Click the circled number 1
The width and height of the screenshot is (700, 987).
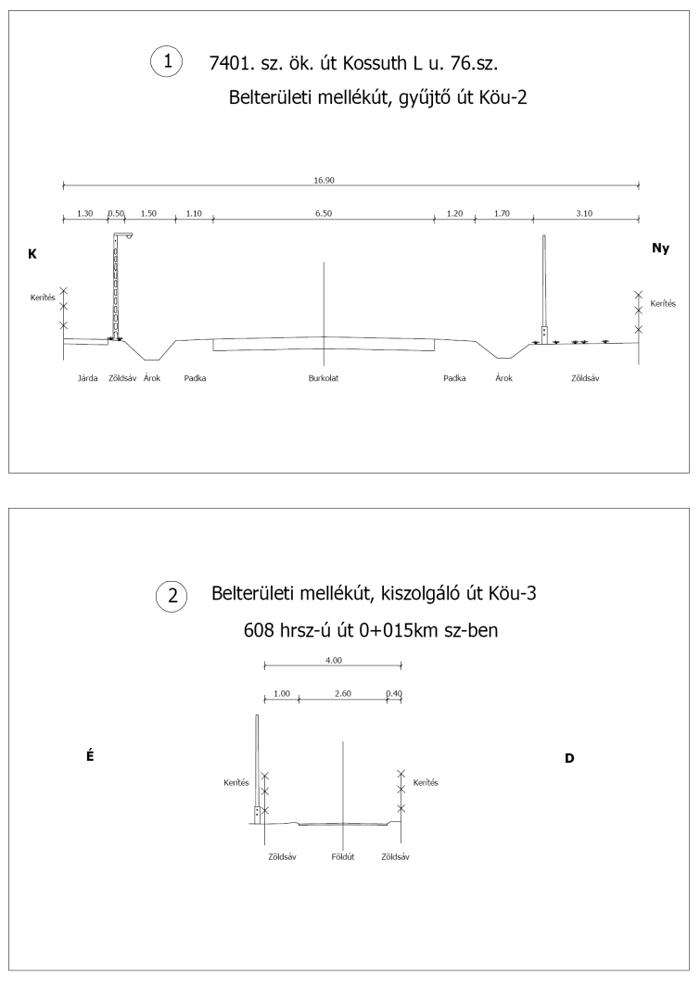[x=168, y=62]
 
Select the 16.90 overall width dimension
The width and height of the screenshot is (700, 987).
[x=325, y=183]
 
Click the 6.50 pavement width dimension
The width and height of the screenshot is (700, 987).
[x=324, y=213]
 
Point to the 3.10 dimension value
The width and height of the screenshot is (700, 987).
[x=584, y=213]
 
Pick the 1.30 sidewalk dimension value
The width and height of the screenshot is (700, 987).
[x=84, y=213]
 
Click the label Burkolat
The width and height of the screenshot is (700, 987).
[x=324, y=378]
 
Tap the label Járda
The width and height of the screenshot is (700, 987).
[x=87, y=378]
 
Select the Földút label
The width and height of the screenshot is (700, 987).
[x=343, y=857]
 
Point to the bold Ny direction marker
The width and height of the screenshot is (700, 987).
[x=660, y=248]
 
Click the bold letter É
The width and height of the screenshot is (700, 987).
[x=89, y=755]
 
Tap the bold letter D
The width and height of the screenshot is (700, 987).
[x=569, y=758]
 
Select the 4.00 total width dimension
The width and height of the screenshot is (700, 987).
[x=334, y=660]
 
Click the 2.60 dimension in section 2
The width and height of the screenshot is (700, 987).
[x=342, y=693]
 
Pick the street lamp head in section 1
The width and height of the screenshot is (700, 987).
[x=124, y=235]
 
